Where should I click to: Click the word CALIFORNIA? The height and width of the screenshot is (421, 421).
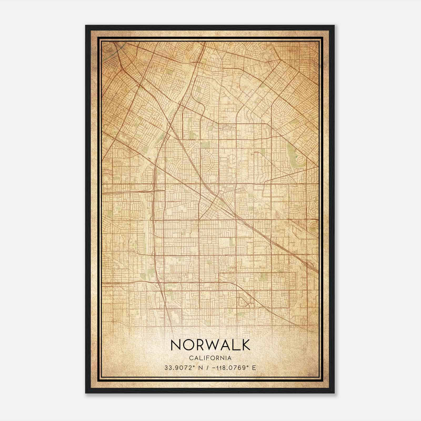(210, 358)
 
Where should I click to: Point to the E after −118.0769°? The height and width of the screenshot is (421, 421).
(254, 368)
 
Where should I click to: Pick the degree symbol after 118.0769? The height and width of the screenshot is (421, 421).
(248, 366)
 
